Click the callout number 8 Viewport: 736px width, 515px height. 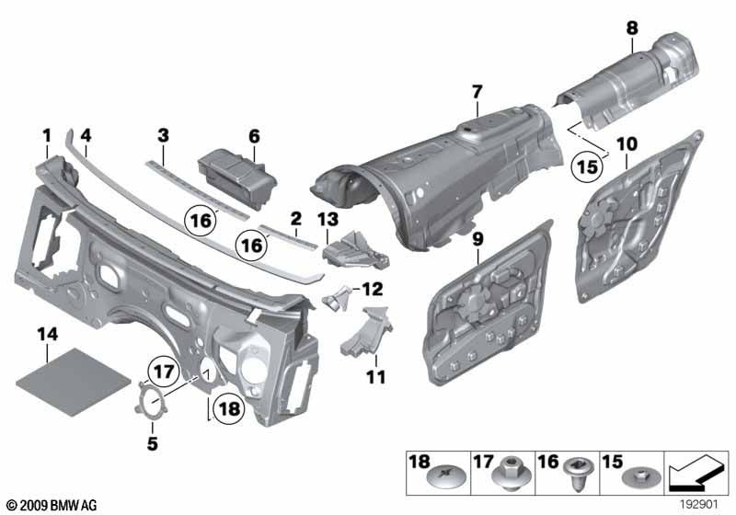click(632, 29)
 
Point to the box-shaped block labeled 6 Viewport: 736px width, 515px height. click(233, 172)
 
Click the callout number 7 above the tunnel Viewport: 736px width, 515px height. click(477, 92)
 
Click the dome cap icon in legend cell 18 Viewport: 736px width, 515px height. click(434, 478)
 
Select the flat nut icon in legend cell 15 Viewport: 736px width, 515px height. click(636, 479)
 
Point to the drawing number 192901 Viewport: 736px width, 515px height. click(700, 504)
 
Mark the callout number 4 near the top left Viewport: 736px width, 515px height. click(85, 135)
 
